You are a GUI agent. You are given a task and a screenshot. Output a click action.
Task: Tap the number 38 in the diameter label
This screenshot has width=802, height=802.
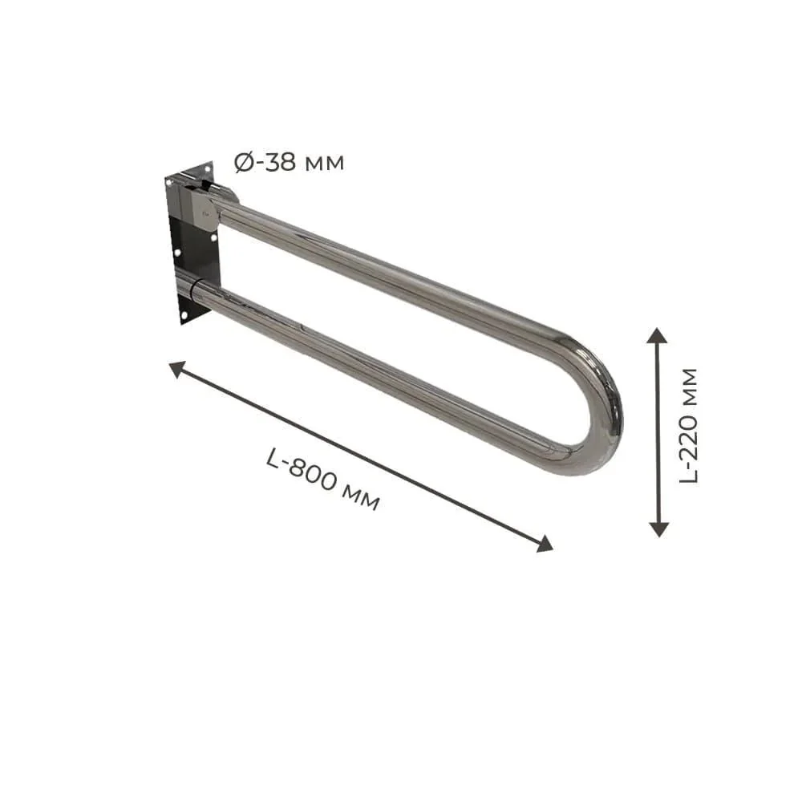coord(281,162)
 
